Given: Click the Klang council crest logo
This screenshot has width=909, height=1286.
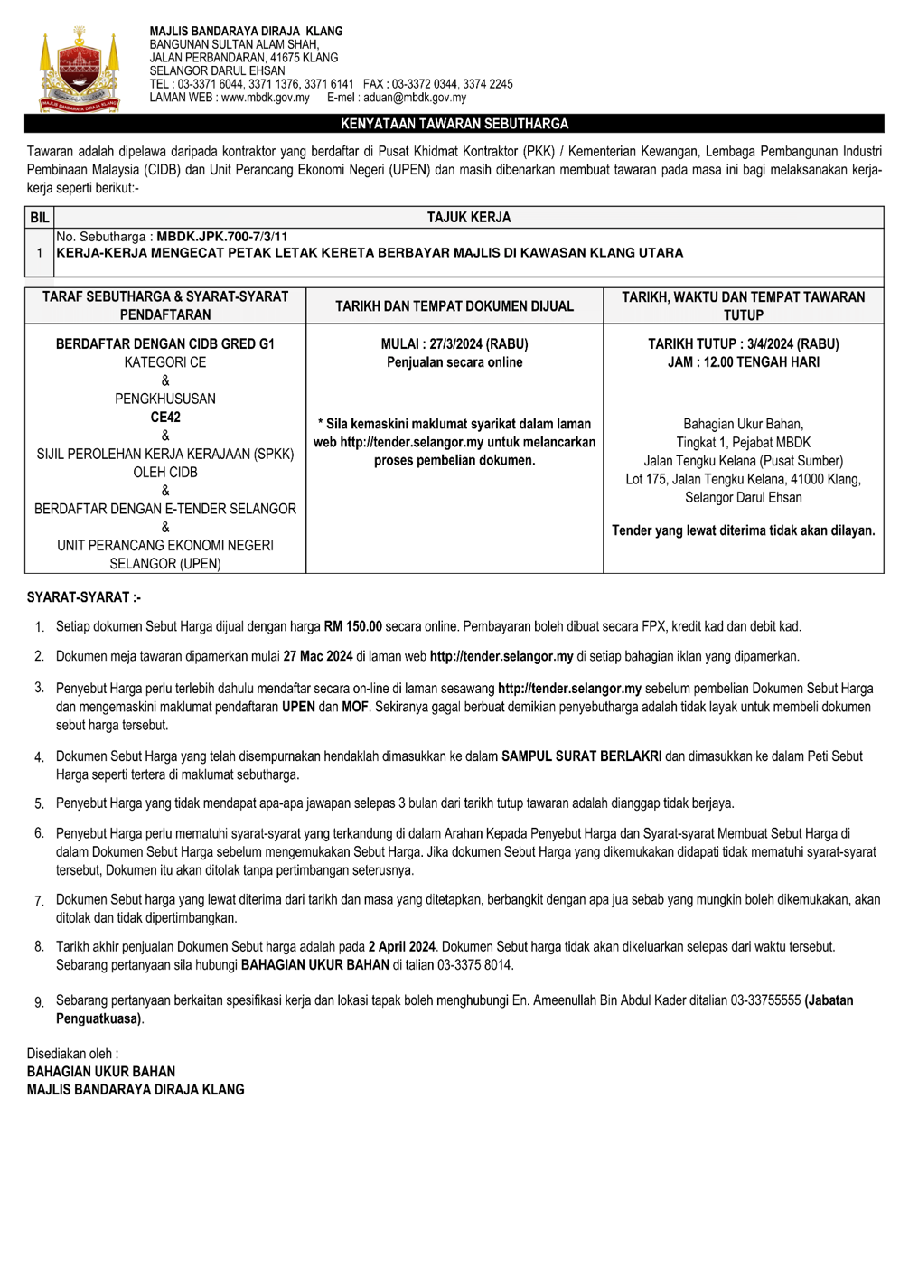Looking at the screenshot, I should [80, 70].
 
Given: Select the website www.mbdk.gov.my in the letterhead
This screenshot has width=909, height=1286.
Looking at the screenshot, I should [265, 98].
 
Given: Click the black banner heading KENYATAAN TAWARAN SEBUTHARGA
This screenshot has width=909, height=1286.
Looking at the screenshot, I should [454, 124].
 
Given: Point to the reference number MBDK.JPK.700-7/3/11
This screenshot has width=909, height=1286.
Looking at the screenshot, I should [221, 237].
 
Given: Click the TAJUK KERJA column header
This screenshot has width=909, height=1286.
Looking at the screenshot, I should [468, 218].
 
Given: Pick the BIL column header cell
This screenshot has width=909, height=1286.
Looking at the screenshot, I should [40, 218].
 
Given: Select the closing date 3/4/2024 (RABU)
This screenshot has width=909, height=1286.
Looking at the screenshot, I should [792, 344].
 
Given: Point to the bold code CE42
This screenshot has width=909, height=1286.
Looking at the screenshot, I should [165, 418].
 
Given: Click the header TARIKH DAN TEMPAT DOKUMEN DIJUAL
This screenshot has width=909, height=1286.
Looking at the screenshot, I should [454, 306].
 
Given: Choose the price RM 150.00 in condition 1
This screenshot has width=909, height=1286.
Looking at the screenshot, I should [352, 626].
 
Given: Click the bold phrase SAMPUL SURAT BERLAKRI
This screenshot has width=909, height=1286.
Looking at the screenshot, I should [581, 756].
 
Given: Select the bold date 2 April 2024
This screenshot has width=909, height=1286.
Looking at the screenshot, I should [401, 947].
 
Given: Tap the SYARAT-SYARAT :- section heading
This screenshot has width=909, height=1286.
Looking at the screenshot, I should [84, 597].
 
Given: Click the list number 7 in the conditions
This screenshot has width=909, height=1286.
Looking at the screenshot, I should [40, 901].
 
